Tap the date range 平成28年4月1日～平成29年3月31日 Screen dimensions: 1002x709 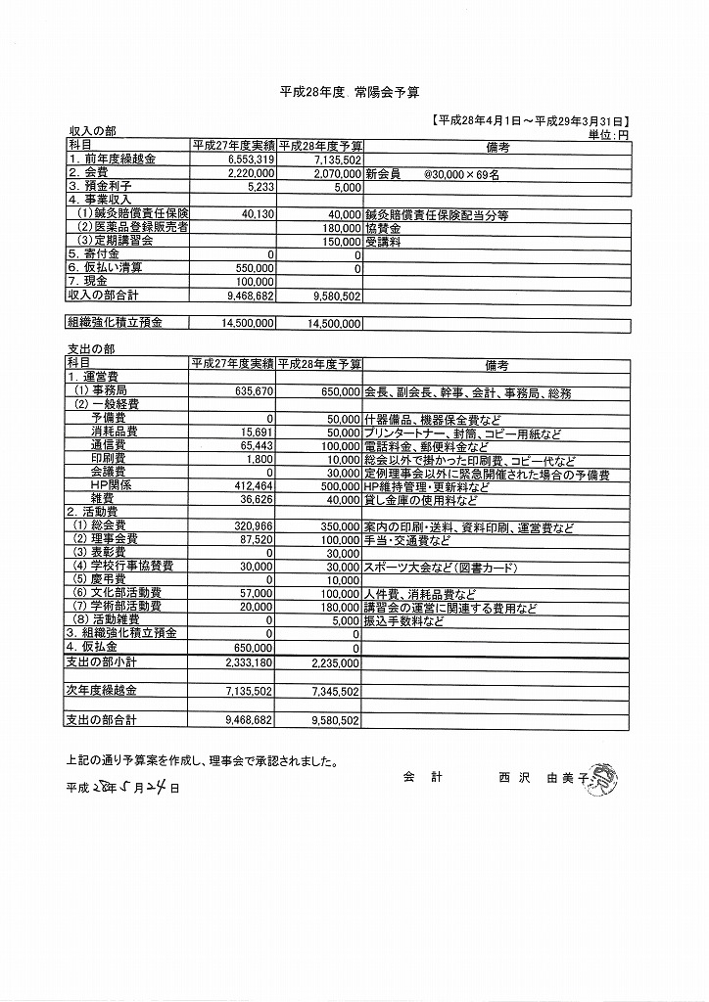tap(530, 120)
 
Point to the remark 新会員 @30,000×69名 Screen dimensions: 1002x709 tap(432, 172)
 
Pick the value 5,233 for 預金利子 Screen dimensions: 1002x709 tap(256, 186)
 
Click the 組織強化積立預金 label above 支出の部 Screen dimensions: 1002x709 tap(115, 322)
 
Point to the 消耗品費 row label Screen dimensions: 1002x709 tap(115, 432)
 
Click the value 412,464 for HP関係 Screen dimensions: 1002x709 tap(252, 485)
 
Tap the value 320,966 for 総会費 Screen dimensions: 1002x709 tap(252, 525)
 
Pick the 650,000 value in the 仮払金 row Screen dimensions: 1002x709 tap(252, 648)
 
